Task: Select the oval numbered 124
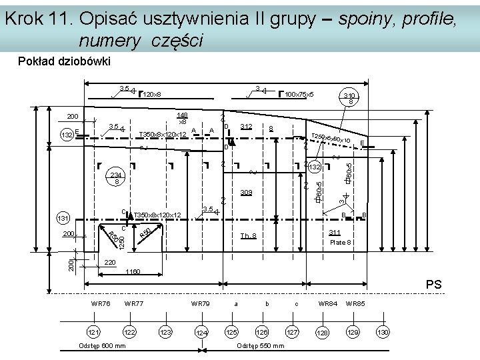[201, 332]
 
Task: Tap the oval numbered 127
[292, 332]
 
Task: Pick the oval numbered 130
[383, 332]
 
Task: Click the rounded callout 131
[63, 219]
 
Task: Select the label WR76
[101, 304]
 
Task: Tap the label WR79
[200, 304]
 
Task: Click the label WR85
[356, 304]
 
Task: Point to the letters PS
[434, 285]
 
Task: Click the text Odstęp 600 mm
[102, 345]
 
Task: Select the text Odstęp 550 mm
[261, 345]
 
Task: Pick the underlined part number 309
[246, 193]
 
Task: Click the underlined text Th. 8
[248, 236]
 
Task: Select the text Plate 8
[341, 242]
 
